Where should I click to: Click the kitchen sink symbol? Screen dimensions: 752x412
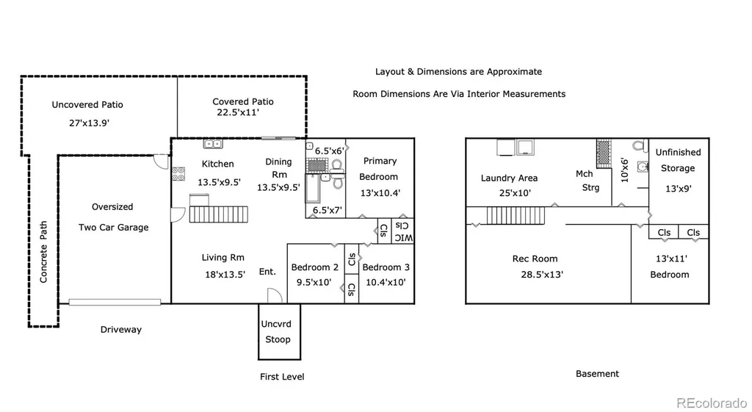coord(212,143)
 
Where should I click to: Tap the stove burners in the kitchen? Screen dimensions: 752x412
coord(178,173)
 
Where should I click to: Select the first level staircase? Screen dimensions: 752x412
coord(219,214)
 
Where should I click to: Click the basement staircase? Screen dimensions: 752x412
coord(516,215)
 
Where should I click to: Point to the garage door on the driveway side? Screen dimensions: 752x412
coord(115,302)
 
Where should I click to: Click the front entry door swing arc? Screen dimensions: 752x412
coord(275,295)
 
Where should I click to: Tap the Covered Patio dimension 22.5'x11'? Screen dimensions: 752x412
coord(238,112)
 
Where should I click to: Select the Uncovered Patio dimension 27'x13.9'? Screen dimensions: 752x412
coord(89,123)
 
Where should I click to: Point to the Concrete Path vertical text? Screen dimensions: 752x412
coord(43,252)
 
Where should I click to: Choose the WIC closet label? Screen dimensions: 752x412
coord(403,231)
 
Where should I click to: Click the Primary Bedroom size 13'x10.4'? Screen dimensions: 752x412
coord(380,193)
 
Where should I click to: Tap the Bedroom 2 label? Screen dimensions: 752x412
coord(314,267)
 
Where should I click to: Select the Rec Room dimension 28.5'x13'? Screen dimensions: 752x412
coord(542,275)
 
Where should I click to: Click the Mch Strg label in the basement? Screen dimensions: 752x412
coord(587,181)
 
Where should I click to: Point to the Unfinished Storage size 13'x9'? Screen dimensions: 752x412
coord(678,189)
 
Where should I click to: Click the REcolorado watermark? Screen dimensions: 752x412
coord(712,402)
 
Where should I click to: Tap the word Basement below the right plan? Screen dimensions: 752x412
coord(597,374)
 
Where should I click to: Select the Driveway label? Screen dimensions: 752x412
coord(121,330)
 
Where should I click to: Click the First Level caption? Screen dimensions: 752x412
coord(282,377)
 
